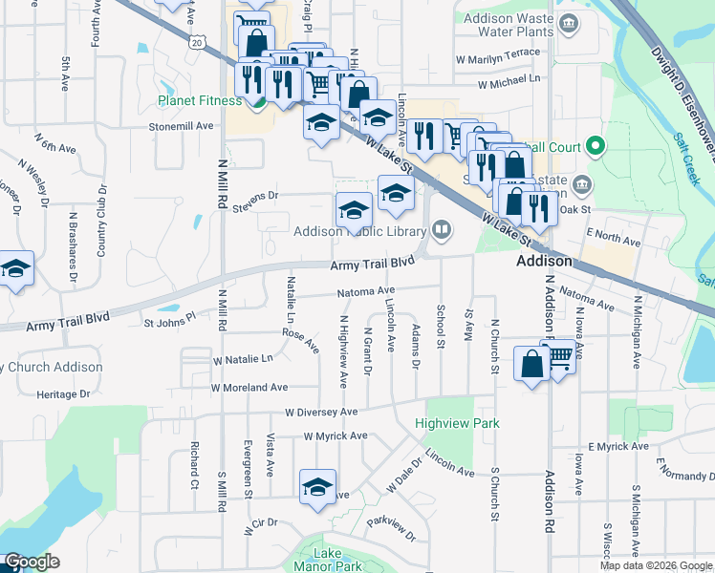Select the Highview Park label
click(x=444, y=422)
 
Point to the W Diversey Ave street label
click(x=320, y=412)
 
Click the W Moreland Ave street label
click(x=249, y=388)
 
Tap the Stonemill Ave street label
click(x=181, y=126)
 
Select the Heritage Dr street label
click(x=63, y=393)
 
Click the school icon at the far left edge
click(x=14, y=268)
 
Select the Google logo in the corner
click(x=32, y=562)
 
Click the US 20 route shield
click(x=197, y=42)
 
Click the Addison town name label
click(x=544, y=261)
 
